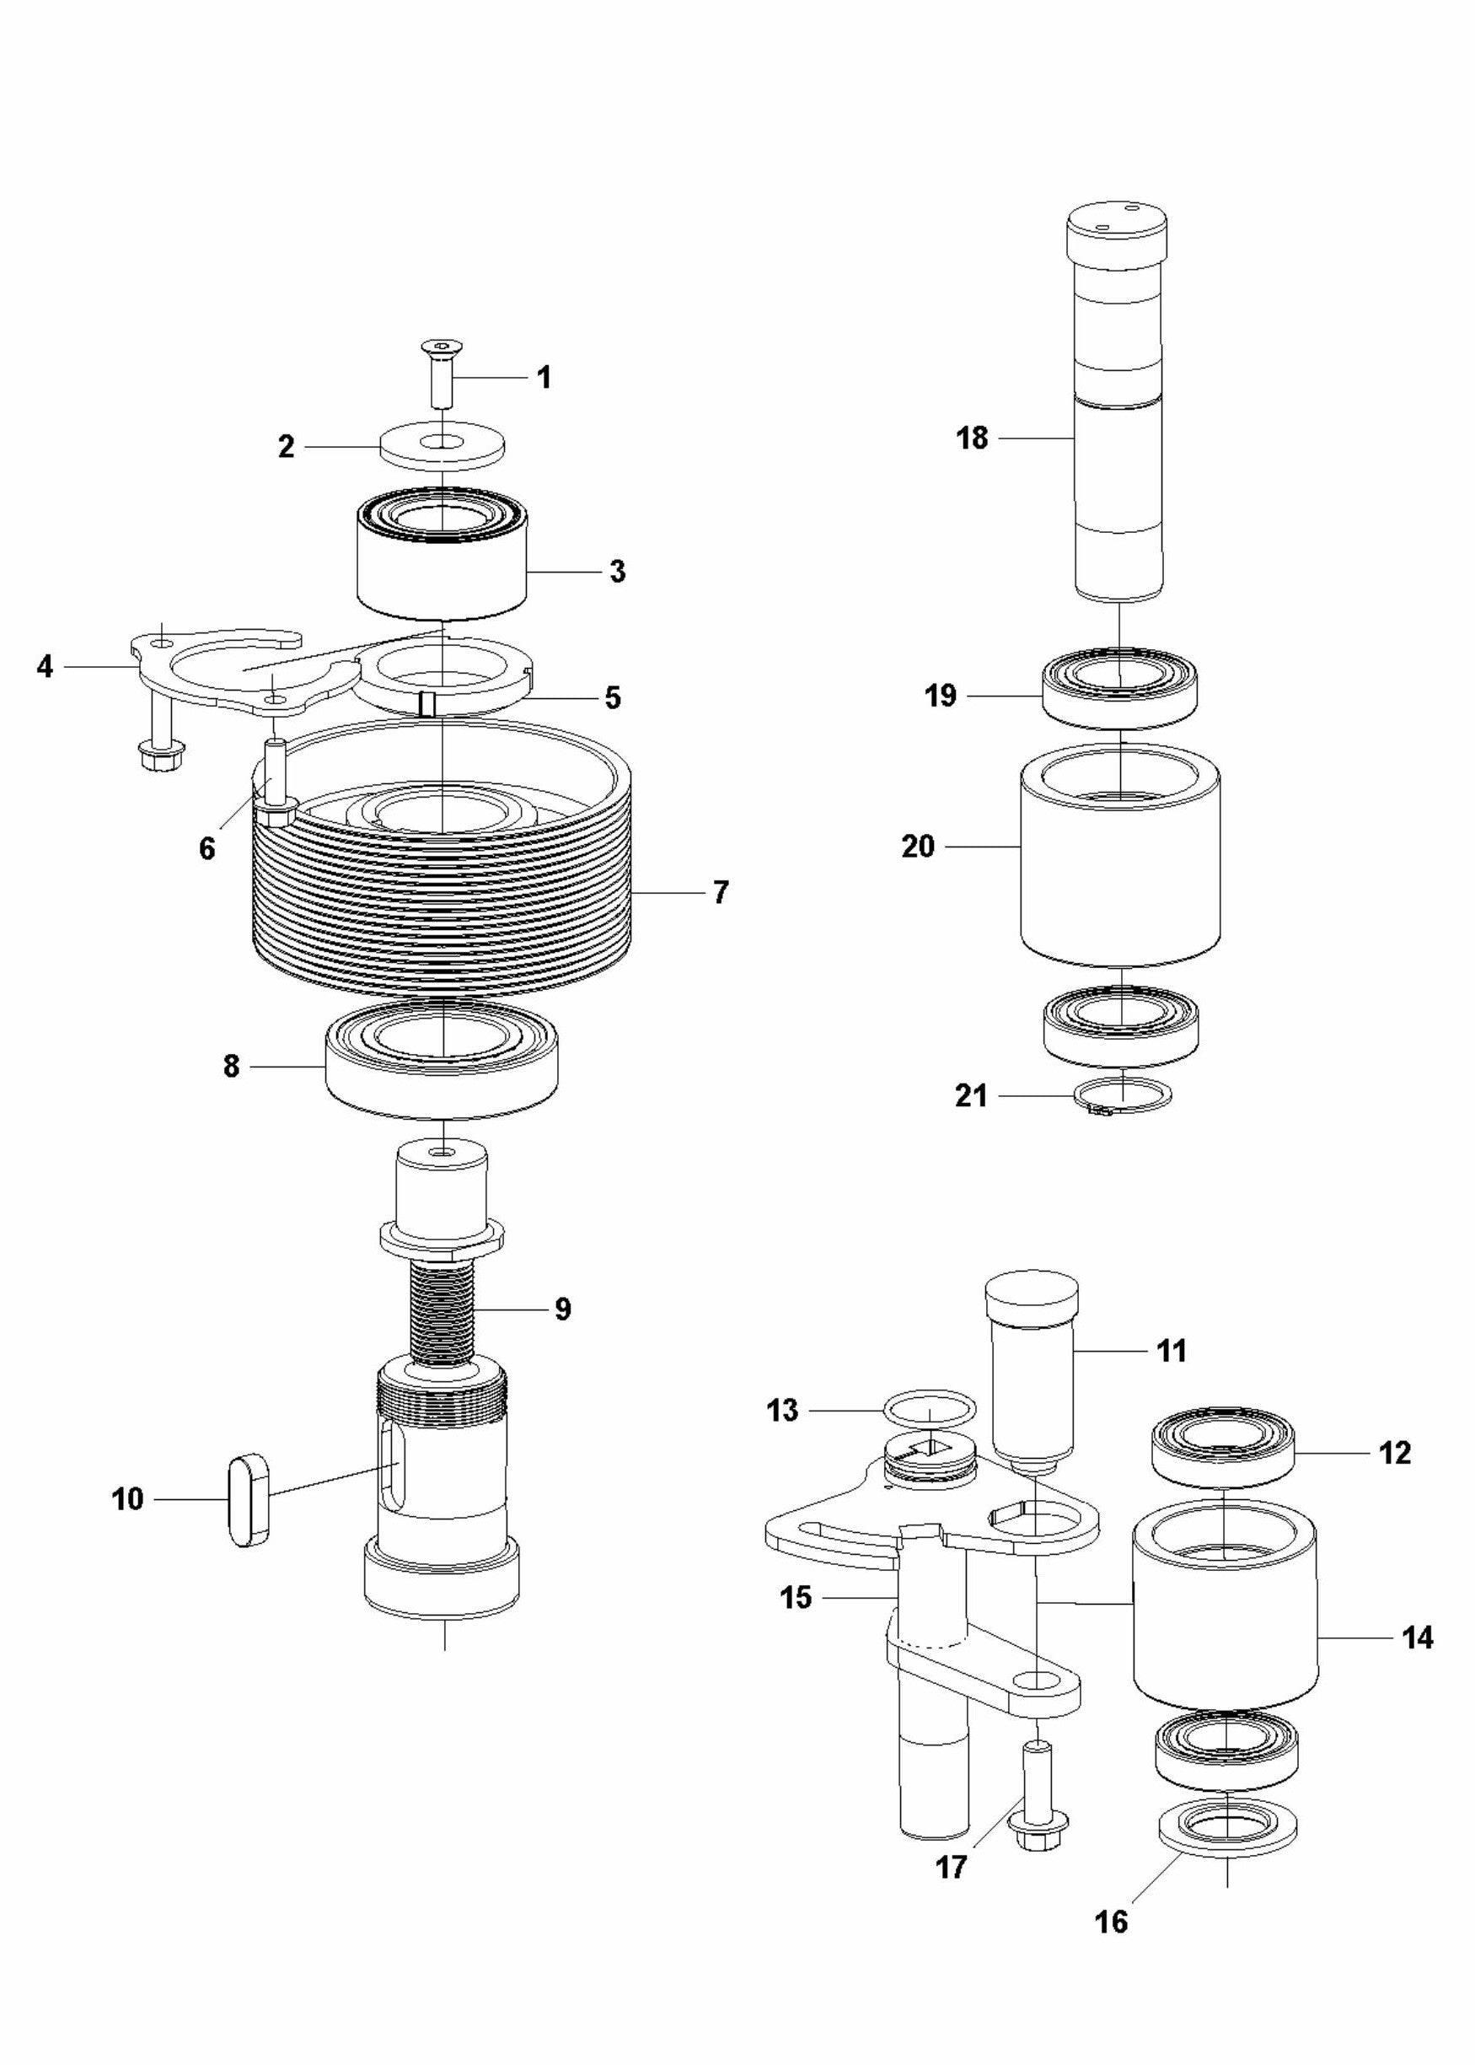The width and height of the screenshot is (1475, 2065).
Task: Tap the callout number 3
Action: point(618,572)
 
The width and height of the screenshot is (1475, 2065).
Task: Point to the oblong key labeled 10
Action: point(248,1499)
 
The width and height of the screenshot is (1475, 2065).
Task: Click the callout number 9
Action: point(562,1309)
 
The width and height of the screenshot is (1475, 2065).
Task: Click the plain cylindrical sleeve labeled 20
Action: point(1120,872)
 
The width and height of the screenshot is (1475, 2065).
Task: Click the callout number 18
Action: point(971,438)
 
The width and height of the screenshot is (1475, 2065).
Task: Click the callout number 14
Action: point(1418,1637)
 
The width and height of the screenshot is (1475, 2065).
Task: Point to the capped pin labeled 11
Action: point(1032,1363)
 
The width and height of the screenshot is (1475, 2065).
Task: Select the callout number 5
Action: point(613,697)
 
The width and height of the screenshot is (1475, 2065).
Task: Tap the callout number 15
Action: point(796,1596)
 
